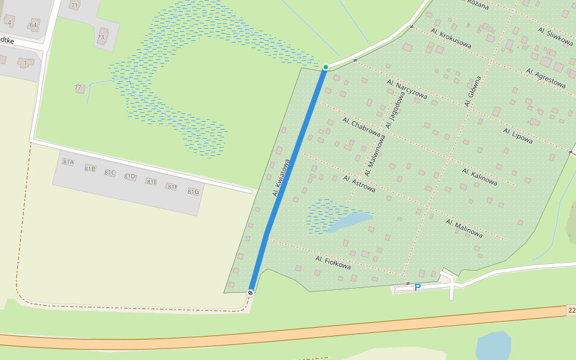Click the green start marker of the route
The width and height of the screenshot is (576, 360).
tap(326, 67)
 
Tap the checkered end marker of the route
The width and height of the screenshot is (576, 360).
tap(250, 292)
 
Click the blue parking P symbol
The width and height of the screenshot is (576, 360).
tap(418, 287)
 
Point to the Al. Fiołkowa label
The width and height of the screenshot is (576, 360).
tap(332, 262)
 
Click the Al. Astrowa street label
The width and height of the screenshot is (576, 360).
tap(359, 184)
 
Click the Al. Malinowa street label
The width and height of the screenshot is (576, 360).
tap(464, 227)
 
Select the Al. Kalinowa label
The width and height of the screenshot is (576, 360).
tap(480, 176)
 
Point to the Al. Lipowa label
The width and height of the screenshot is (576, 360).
tap(518, 136)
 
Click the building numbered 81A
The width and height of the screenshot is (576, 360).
tap(68, 162)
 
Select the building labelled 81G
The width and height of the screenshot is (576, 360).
tap(193, 192)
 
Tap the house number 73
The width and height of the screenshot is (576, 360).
tap(101, 37)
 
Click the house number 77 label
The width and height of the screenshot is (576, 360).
tap(78, 88)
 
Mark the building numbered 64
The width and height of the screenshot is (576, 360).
tap(34, 25)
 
